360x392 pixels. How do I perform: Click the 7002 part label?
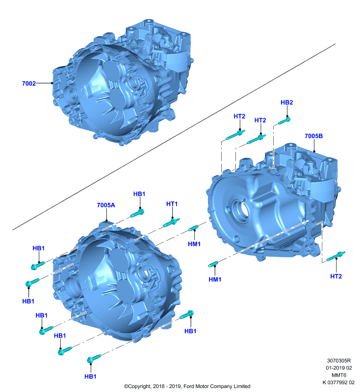coord(29,83)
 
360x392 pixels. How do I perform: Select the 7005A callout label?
coord(106,205)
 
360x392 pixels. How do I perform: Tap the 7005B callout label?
coord(313,136)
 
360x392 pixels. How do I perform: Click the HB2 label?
coord(286,102)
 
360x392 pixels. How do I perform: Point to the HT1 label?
coord(172,204)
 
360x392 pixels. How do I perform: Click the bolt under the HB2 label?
coord(284,121)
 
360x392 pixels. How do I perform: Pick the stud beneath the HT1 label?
coord(171,222)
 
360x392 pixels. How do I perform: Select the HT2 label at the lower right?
coord(336,276)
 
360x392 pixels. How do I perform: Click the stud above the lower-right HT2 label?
coord(336,256)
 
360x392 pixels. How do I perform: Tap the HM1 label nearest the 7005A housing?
coord(194,244)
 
